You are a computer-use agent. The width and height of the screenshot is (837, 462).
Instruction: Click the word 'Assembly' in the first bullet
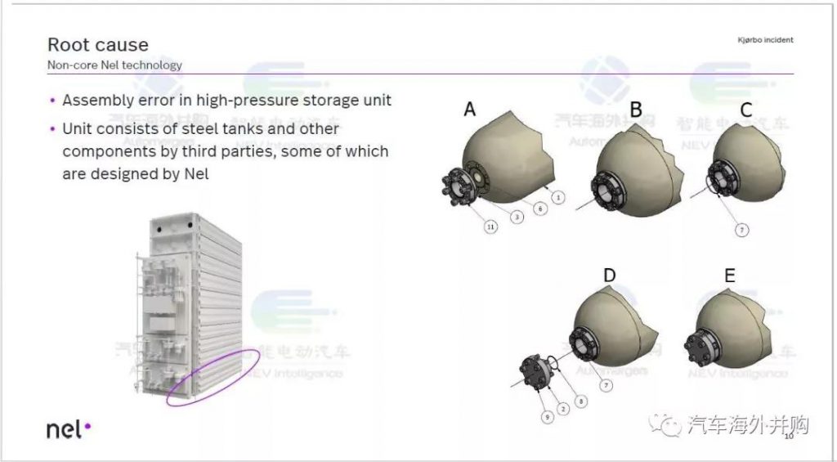pyautogui.click(x=93, y=101)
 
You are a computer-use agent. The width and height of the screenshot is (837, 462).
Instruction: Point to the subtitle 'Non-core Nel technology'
pyautogui.click(x=114, y=65)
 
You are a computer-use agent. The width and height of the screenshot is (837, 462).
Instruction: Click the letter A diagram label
pyautogui.click(x=470, y=109)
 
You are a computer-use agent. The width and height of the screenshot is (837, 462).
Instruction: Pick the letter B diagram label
pyautogui.click(x=635, y=109)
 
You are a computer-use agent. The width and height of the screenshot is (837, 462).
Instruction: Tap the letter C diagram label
pyautogui.click(x=745, y=110)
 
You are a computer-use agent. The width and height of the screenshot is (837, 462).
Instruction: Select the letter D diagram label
pyautogui.click(x=609, y=276)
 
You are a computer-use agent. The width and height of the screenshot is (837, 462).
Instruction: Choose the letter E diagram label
pyautogui.click(x=729, y=276)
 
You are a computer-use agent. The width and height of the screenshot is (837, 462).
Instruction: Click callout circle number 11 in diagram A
pyautogui.click(x=491, y=227)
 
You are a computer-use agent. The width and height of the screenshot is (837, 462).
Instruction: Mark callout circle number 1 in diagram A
pyautogui.click(x=557, y=197)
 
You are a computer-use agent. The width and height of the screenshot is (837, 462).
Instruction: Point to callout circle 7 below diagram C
pyautogui.click(x=741, y=230)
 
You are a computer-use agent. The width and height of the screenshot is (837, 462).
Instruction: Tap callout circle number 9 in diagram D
pyautogui.click(x=547, y=417)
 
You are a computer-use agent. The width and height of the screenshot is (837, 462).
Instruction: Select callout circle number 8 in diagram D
pyautogui.click(x=582, y=401)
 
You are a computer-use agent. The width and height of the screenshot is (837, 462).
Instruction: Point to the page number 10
pyautogui.click(x=790, y=437)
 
